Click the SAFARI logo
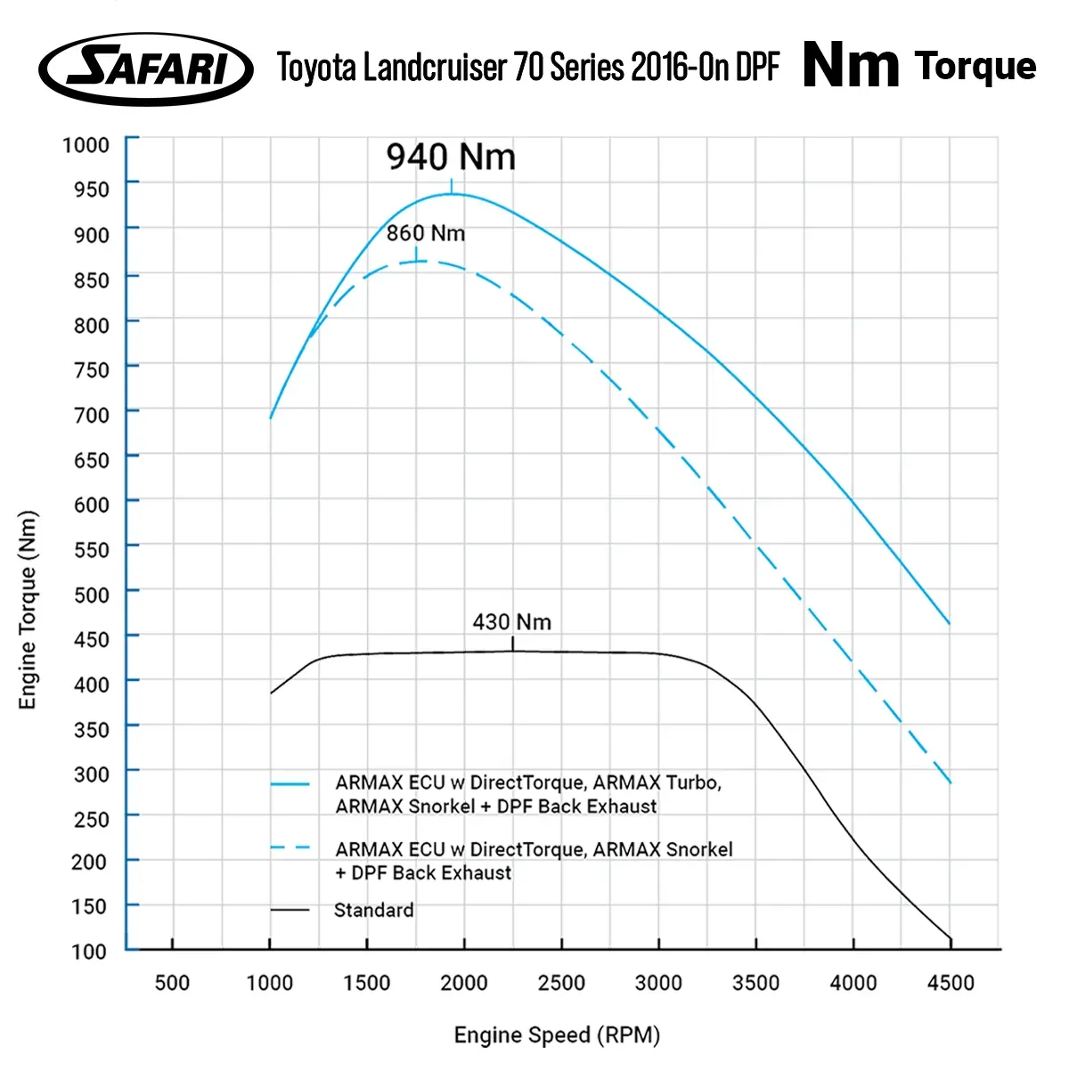point(146,69)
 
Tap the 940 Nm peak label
point(451,158)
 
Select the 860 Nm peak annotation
point(426,233)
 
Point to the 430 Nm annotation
point(511,621)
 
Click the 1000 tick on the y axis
point(86,144)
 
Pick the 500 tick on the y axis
point(91,594)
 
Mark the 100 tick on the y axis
point(89,951)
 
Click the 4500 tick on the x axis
point(951,983)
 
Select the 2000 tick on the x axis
point(464,983)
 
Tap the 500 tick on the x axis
point(172,983)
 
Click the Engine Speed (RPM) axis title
point(557,1035)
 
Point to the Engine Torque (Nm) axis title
point(29,610)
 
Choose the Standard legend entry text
point(373,910)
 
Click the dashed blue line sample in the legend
point(290,847)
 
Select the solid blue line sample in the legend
point(290,784)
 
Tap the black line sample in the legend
point(290,910)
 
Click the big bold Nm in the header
point(851,66)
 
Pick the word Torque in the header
point(975,66)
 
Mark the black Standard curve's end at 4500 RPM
point(951,938)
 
